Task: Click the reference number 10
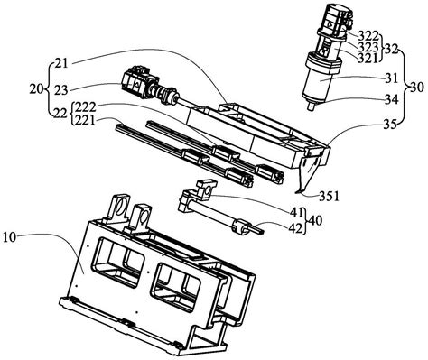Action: point(10,237)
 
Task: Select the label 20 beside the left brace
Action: point(36,89)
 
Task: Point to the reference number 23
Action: point(61,89)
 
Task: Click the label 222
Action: point(85,107)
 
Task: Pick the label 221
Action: point(85,121)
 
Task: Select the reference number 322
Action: point(368,36)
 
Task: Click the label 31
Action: point(391,78)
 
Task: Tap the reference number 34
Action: point(392,99)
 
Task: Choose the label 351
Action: point(329,197)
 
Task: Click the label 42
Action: point(295,229)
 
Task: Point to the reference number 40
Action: point(315,221)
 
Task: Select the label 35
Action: point(392,124)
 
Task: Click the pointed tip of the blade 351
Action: point(296,191)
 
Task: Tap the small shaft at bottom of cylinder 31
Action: point(312,106)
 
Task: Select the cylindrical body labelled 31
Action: point(319,81)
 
